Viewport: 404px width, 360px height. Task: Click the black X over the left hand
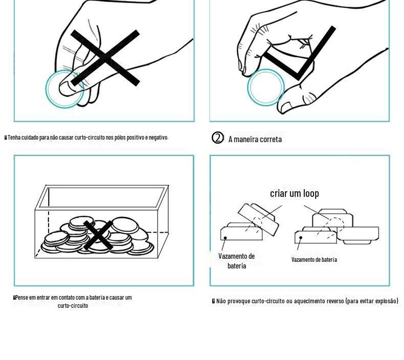(x=105, y=58)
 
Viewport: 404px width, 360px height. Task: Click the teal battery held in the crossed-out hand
(x=64, y=88)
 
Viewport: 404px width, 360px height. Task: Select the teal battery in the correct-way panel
(x=266, y=87)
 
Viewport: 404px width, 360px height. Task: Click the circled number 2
(x=218, y=138)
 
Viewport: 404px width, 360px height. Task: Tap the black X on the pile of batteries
(x=98, y=235)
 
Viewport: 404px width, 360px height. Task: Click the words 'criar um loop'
(x=295, y=193)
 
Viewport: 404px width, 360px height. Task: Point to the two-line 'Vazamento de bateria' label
(x=237, y=261)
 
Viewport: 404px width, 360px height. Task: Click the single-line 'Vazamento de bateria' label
(x=314, y=259)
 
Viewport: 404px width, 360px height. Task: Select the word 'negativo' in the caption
(x=158, y=138)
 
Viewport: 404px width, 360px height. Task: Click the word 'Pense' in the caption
(x=21, y=298)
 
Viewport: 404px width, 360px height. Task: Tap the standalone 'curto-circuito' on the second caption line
(x=73, y=306)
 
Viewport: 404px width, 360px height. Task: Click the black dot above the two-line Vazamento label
(x=225, y=238)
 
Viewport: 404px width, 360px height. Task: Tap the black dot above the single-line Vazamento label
(x=301, y=238)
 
